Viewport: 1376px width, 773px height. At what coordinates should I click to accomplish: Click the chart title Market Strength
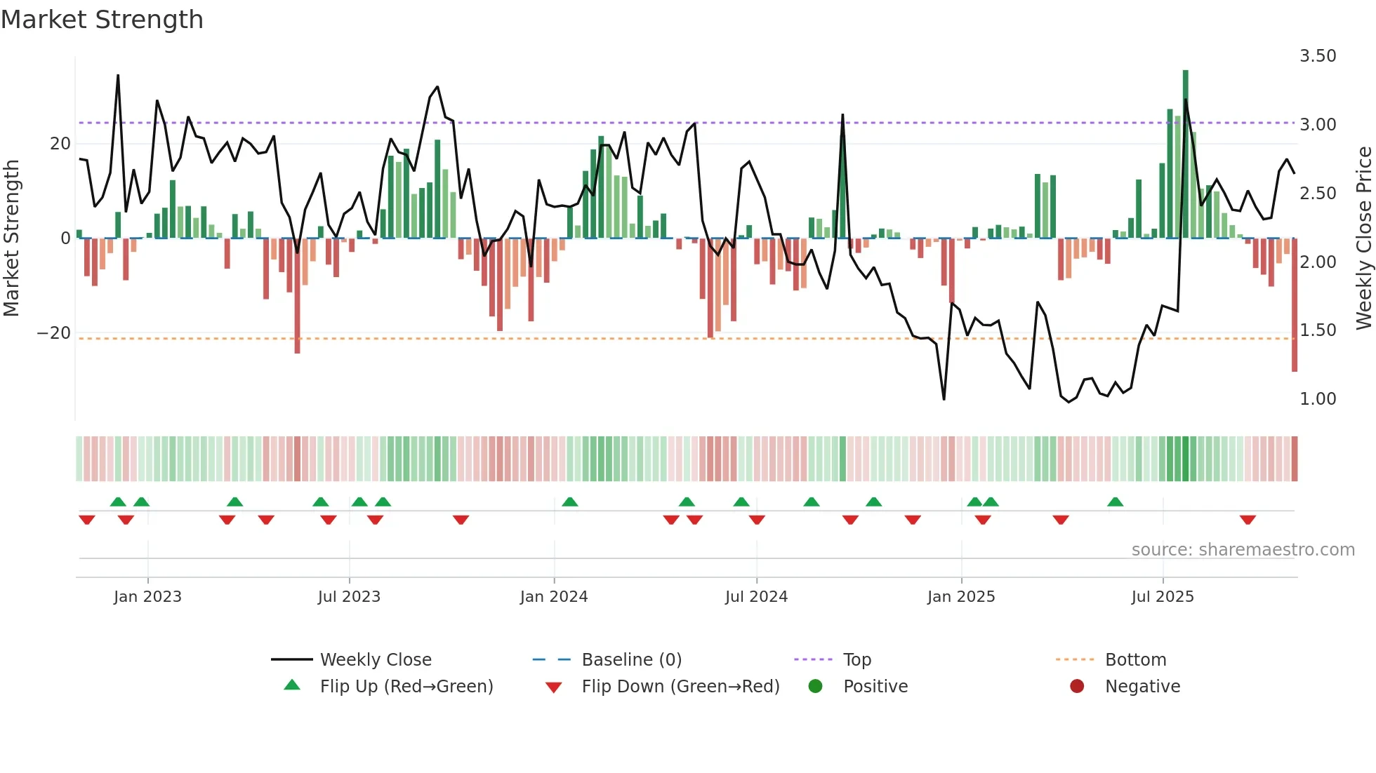102,20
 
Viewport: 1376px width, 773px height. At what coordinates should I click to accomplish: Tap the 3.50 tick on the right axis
1317,56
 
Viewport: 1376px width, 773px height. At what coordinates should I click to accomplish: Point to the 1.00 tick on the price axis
1317,399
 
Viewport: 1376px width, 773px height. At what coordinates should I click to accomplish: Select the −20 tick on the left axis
54,333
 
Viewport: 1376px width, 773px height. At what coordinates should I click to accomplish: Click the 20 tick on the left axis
60,144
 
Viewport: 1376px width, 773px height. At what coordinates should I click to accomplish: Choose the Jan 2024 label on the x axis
553,597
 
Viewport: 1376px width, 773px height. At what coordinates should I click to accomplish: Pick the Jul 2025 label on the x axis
1162,597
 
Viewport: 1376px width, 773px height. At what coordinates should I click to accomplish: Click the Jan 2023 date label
147,597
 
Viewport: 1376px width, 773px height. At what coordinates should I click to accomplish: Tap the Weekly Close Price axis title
1363,238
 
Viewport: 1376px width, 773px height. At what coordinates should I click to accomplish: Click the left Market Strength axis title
12,238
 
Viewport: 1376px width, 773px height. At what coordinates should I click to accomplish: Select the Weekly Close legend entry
375,660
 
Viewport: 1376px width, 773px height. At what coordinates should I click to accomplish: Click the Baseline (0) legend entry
631,660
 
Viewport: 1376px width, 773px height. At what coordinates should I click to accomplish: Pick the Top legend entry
856,660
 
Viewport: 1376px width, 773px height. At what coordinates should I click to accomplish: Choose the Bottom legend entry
1135,660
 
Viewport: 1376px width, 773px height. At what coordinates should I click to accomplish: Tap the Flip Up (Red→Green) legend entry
406,687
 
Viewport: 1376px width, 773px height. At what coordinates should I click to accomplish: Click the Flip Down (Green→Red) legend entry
680,687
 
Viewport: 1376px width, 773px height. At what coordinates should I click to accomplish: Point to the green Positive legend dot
815,687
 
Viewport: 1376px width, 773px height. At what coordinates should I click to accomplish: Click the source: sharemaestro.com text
1243,550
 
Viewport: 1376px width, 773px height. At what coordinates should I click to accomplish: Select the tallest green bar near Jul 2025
1185,154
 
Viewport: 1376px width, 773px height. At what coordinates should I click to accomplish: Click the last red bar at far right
1294,305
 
